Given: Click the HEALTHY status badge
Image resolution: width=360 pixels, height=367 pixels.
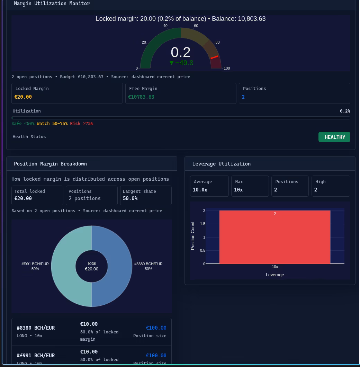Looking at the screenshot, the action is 334,137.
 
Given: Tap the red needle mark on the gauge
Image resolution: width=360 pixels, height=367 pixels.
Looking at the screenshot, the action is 214,57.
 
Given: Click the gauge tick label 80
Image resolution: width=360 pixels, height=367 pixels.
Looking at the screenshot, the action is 217,42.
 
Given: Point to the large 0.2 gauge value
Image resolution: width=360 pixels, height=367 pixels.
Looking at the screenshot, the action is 180,52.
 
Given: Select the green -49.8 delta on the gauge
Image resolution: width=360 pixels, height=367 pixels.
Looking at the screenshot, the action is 181,63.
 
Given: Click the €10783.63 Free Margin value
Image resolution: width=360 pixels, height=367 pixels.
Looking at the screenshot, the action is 141,97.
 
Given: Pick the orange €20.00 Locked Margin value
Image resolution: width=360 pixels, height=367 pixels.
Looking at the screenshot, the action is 23,97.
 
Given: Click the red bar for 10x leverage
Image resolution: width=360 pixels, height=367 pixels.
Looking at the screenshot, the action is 275,237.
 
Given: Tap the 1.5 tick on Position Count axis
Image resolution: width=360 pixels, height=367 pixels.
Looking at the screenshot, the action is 203,224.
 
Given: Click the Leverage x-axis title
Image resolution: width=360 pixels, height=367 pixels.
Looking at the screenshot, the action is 275,275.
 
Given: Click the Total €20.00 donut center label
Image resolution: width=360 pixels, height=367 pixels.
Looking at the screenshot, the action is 91,266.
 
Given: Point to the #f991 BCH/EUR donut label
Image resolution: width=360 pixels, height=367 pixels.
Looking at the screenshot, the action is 35,266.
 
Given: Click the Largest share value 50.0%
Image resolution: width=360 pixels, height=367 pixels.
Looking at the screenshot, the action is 130,198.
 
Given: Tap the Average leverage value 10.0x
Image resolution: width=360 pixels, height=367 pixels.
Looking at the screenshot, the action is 200,190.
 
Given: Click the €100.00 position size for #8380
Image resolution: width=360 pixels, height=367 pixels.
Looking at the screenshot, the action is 156,328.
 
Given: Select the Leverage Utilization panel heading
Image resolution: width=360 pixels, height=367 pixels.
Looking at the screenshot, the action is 222,164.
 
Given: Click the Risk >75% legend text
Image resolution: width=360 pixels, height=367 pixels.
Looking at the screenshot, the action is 81,123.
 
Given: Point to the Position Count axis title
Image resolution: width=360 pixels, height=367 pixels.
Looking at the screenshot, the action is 193,236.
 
